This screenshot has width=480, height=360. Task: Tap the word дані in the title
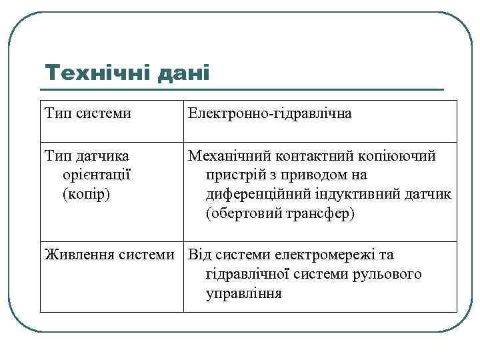pyautogui.click(x=182, y=72)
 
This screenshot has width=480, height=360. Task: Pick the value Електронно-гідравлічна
pyautogui.click(x=270, y=114)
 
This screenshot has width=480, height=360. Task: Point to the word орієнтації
pyautogui.click(x=95, y=175)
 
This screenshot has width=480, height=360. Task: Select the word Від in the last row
pyautogui.click(x=199, y=255)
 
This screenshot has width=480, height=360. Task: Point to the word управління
pyautogui.click(x=244, y=293)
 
